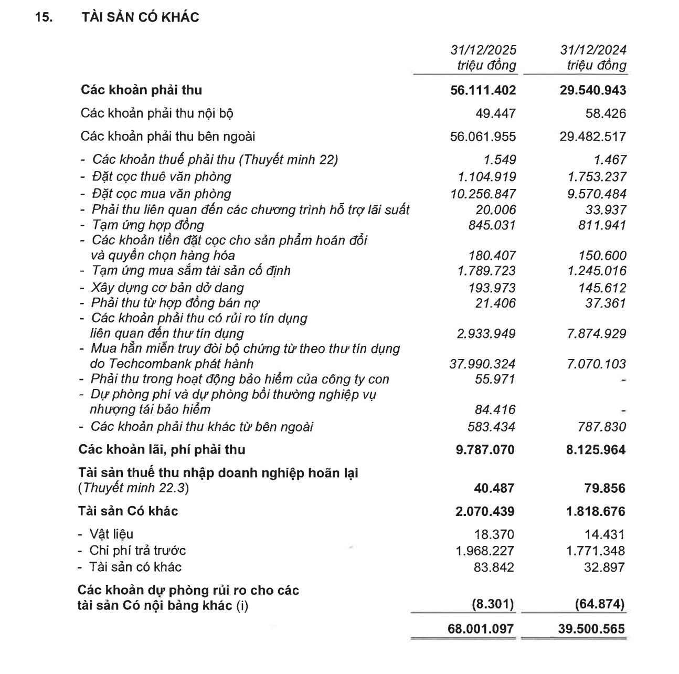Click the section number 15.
tap(44, 17)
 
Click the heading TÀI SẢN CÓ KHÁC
tap(140, 17)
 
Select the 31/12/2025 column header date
tap(483, 50)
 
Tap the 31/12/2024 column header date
tap(593, 50)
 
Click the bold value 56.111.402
tap(483, 90)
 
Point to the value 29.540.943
tap(592, 90)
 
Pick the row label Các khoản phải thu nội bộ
tap(157, 113)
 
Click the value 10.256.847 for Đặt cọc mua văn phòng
tap(483, 194)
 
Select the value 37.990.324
tap(482, 364)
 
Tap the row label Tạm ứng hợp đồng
tap(147, 225)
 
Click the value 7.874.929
tap(596, 334)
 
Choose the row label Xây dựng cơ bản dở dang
tap(167, 288)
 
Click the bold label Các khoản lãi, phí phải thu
tap(162, 450)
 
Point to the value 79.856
tap(603, 488)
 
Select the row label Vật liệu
tap(111, 534)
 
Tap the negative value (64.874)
tap(599, 604)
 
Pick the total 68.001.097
tap(481, 628)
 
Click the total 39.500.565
tap(591, 628)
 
